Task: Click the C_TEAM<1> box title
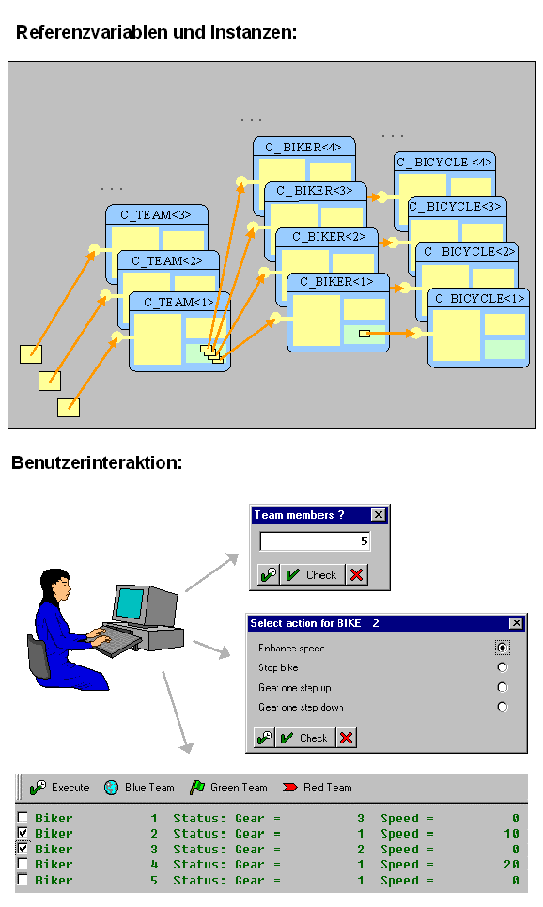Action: [x=178, y=302]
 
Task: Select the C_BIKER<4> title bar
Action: [x=303, y=147]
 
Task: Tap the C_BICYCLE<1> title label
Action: [x=478, y=298]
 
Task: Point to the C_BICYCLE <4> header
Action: [x=444, y=162]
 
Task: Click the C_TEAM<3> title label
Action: [x=156, y=214]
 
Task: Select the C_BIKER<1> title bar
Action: [x=337, y=282]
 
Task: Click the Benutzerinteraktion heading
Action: [x=97, y=463]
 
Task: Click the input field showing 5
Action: [x=315, y=541]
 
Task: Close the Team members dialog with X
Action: [x=378, y=515]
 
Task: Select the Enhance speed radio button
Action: [x=503, y=648]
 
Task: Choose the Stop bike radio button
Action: [x=503, y=667]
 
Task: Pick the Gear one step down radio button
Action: [x=503, y=707]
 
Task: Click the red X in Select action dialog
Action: [x=347, y=738]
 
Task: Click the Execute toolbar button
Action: [x=60, y=788]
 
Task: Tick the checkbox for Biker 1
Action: [x=23, y=819]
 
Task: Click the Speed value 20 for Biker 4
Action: [x=509, y=865]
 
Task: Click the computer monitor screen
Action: [x=131, y=602]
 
